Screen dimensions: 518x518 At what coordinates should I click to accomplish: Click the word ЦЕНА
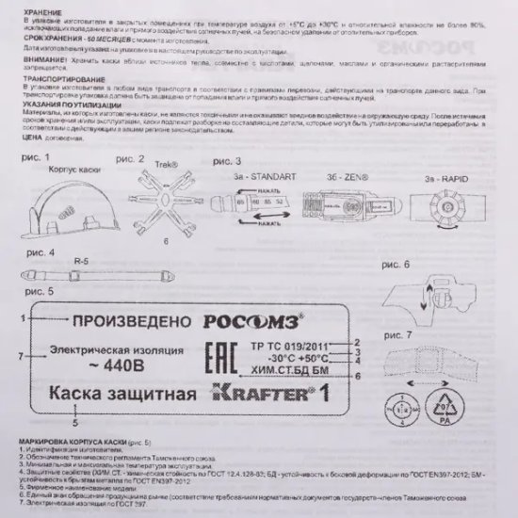coord(20,138)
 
